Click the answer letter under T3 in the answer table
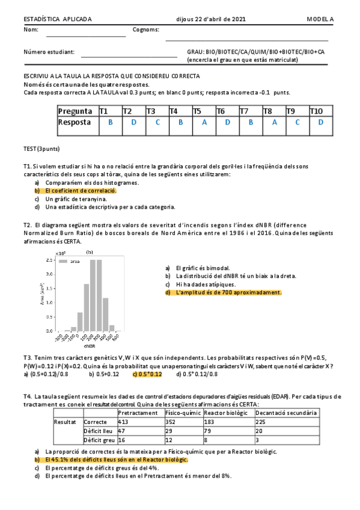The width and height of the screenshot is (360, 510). tap(157, 122)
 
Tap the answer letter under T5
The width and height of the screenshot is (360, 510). tap(204, 122)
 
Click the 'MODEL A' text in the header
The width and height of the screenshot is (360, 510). tap(320, 19)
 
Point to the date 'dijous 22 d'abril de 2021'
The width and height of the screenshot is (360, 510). tap(210, 19)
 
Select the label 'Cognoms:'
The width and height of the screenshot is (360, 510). tap(145, 29)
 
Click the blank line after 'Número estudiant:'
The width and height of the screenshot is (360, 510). tap(129, 55)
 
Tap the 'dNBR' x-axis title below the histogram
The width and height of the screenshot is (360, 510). tap(90, 346)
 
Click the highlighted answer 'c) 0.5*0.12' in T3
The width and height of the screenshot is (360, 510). tap(147, 374)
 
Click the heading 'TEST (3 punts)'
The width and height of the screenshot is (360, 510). tap(41, 149)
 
